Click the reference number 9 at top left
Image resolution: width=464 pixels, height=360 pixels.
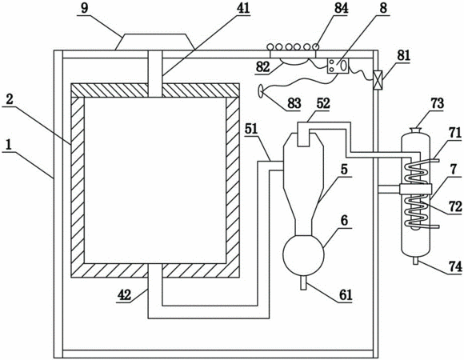click(x=85, y=8)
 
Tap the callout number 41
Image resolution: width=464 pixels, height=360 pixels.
click(x=243, y=8)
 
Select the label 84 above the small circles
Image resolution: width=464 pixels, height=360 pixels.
click(x=341, y=8)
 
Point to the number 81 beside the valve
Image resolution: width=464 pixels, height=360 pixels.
click(x=404, y=56)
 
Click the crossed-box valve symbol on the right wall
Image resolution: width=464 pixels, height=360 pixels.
click(x=378, y=80)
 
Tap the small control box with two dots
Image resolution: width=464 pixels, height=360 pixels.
click(x=338, y=66)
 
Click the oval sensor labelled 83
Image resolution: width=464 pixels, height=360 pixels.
click(x=262, y=90)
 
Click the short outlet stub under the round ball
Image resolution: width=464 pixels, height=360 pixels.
click(x=303, y=282)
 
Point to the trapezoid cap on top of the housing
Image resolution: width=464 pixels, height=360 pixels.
click(x=154, y=42)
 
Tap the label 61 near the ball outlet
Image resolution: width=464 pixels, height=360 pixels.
click(x=346, y=295)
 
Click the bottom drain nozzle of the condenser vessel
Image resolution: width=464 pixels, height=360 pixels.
click(x=416, y=260)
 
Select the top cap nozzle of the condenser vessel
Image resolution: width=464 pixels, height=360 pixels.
click(x=416, y=130)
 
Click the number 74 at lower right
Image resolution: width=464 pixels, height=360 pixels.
click(x=455, y=267)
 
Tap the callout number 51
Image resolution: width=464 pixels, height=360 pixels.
click(x=251, y=129)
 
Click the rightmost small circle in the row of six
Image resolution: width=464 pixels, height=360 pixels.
click(x=316, y=46)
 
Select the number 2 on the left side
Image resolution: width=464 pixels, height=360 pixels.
click(x=10, y=99)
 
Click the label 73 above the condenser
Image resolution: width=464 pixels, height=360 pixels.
click(x=438, y=103)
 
